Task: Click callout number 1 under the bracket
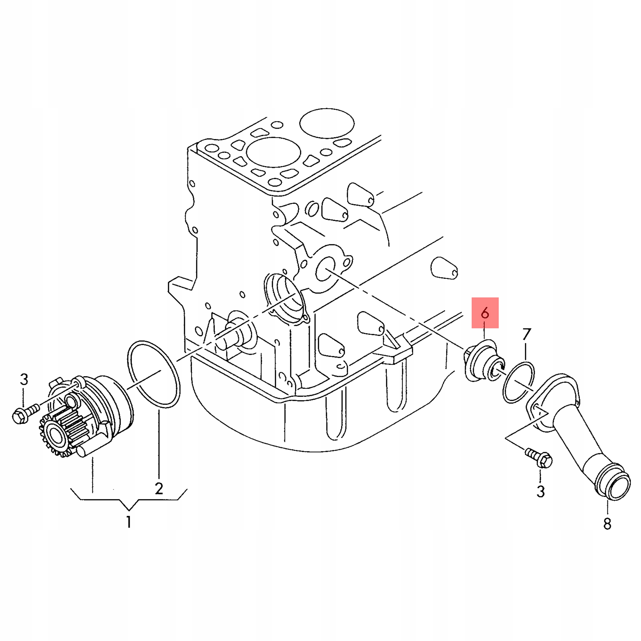click(x=129, y=523)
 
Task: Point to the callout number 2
click(x=159, y=488)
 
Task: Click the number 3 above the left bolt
click(x=24, y=379)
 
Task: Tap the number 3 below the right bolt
click(x=541, y=491)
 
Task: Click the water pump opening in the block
click(x=284, y=298)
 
